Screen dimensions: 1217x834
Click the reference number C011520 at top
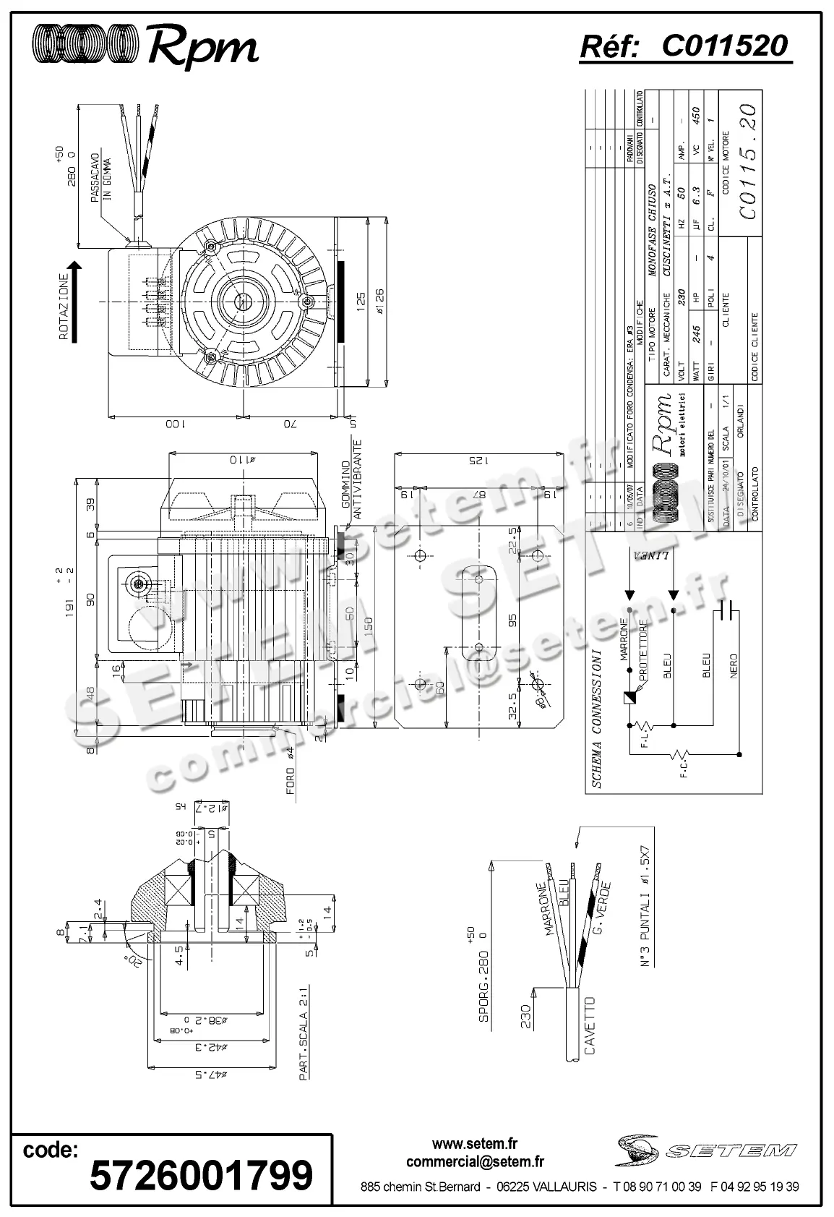[723, 46]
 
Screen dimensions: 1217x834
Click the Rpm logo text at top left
[203, 48]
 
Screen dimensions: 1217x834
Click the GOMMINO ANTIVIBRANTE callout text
[351, 477]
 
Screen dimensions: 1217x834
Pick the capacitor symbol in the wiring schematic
[730, 612]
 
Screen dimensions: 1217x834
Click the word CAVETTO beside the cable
[589, 1025]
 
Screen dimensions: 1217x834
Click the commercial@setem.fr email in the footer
[475, 1161]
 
